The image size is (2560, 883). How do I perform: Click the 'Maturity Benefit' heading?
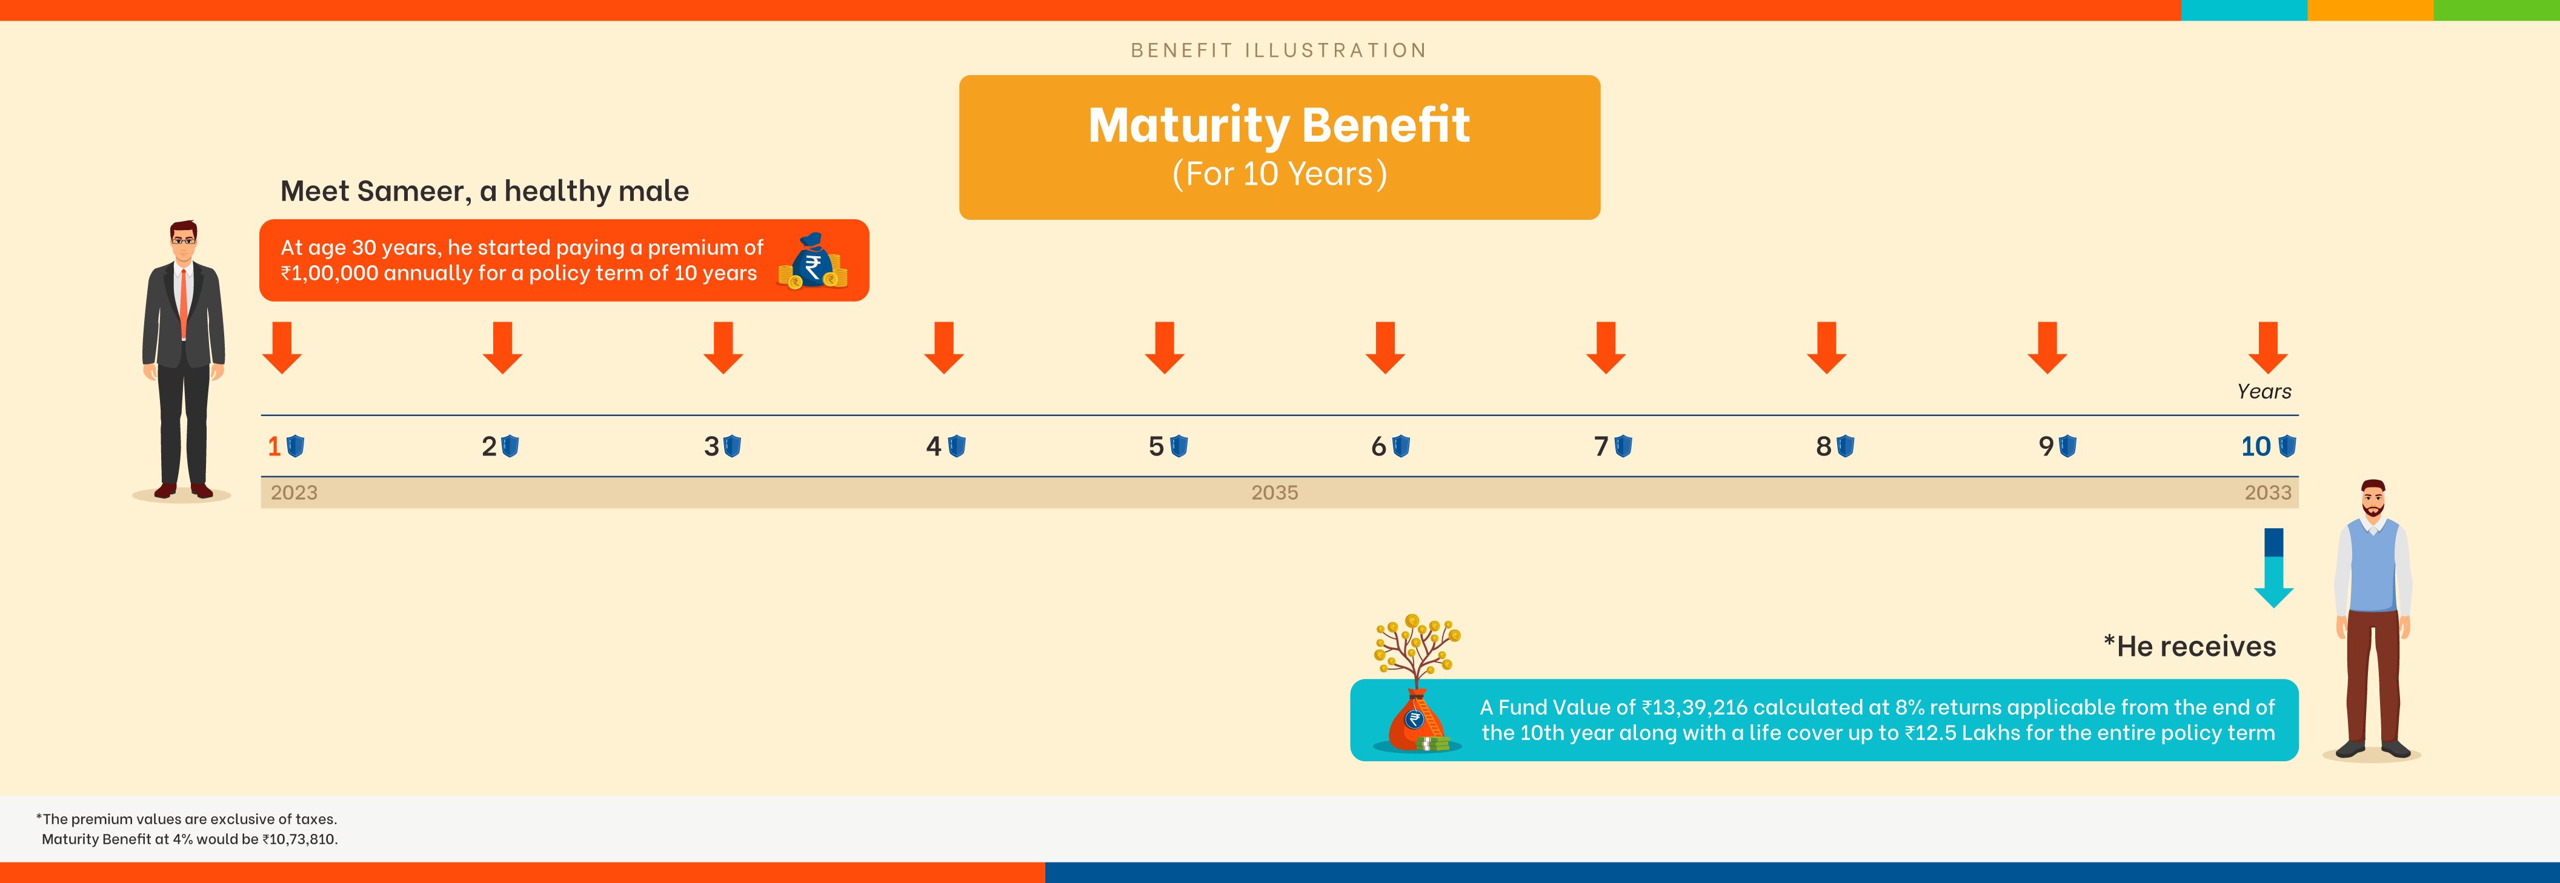[1279, 125]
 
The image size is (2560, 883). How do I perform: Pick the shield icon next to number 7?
[1623, 446]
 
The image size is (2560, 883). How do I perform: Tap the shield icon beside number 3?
[733, 446]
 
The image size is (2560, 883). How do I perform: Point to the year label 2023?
[294, 492]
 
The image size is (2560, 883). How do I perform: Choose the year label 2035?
[1275, 492]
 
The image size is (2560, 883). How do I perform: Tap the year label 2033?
[2268, 492]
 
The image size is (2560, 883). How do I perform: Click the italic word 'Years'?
[2264, 391]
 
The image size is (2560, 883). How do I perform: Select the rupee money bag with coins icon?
[813, 261]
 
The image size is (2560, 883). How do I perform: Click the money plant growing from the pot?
[1417, 650]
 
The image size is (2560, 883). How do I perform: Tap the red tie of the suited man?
[183, 302]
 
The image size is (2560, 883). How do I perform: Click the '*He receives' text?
[2189, 647]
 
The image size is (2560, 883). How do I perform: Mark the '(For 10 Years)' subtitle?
[1279, 174]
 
